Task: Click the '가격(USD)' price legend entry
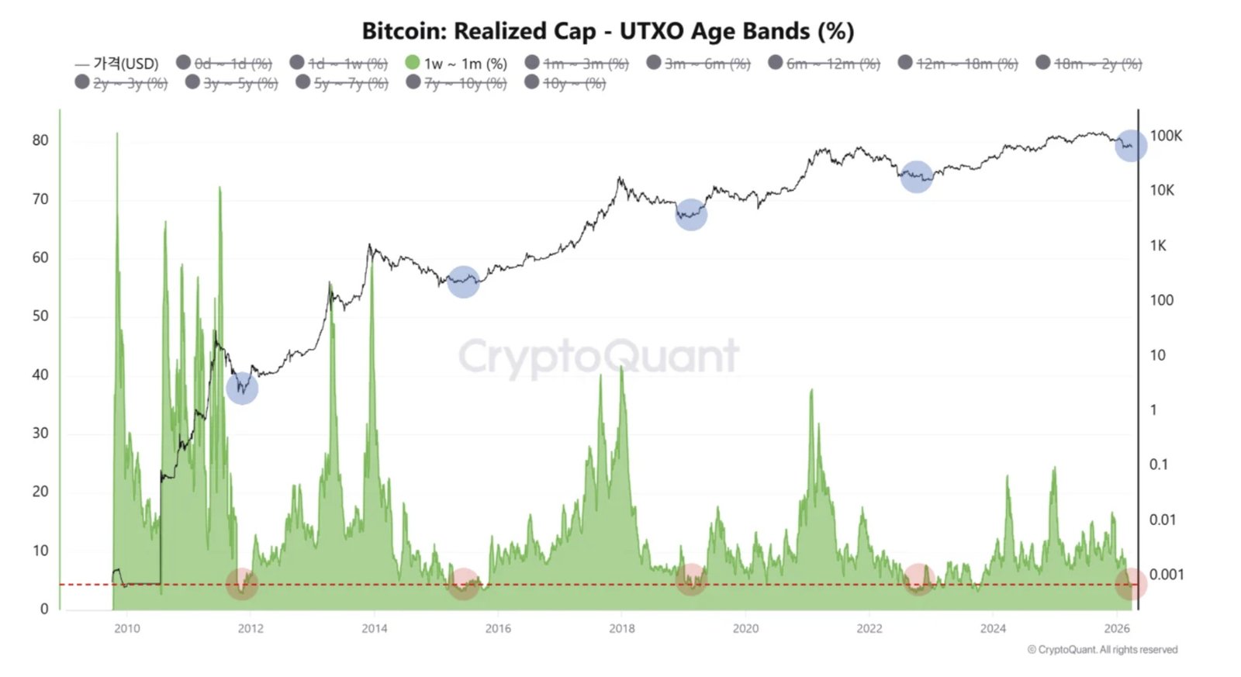coord(117,64)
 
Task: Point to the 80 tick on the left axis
coord(40,140)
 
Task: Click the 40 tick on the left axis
coord(40,375)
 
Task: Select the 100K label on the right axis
coord(1165,136)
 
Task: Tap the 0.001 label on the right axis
coord(1166,575)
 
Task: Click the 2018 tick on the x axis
coord(621,628)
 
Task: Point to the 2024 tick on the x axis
coord(992,628)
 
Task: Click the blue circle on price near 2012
coord(242,387)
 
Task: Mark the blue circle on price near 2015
coord(463,282)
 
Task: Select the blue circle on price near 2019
coord(690,214)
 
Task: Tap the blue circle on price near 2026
coord(1130,146)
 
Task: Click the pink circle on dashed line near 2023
coord(918,579)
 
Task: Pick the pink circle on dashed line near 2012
coord(241,584)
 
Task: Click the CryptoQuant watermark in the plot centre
coord(598,357)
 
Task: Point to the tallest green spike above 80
coord(117,136)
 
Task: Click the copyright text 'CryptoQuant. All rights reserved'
coord(1102,650)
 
